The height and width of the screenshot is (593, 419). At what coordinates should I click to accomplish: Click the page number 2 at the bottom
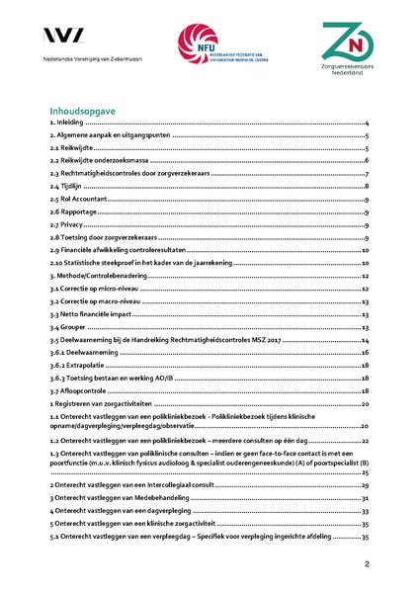[x=366, y=564]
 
